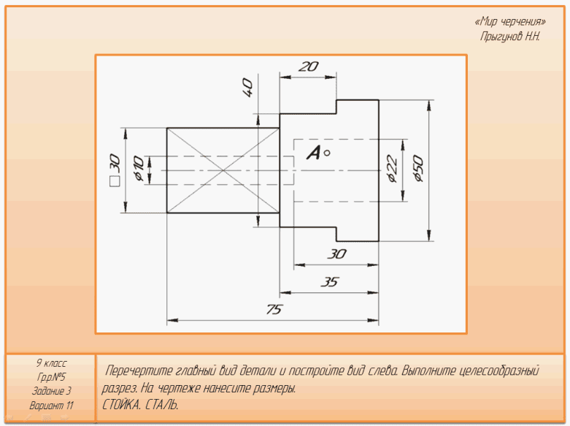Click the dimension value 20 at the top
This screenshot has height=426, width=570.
coord(309,66)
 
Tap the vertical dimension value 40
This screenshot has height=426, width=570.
coord(247,88)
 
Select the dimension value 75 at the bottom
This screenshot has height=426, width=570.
coord(273,310)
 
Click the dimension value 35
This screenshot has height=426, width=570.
coord(330,282)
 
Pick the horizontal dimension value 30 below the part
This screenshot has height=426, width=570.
coord(336,254)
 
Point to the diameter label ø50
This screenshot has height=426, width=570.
coord(418,168)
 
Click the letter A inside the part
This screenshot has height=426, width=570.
coord(314,153)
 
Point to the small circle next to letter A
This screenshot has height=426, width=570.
coord(327,153)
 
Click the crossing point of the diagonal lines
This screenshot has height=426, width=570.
coord(223,170)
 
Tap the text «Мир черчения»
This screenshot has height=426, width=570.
coord(510,22)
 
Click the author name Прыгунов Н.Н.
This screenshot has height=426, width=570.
coord(510,36)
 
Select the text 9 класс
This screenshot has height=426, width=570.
coord(51,363)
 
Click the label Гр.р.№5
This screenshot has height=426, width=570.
coord(51,377)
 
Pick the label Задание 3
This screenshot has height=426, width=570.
coord(51,391)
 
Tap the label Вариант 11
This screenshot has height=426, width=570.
coord(51,405)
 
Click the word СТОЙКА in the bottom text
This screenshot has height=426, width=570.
coord(122,404)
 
